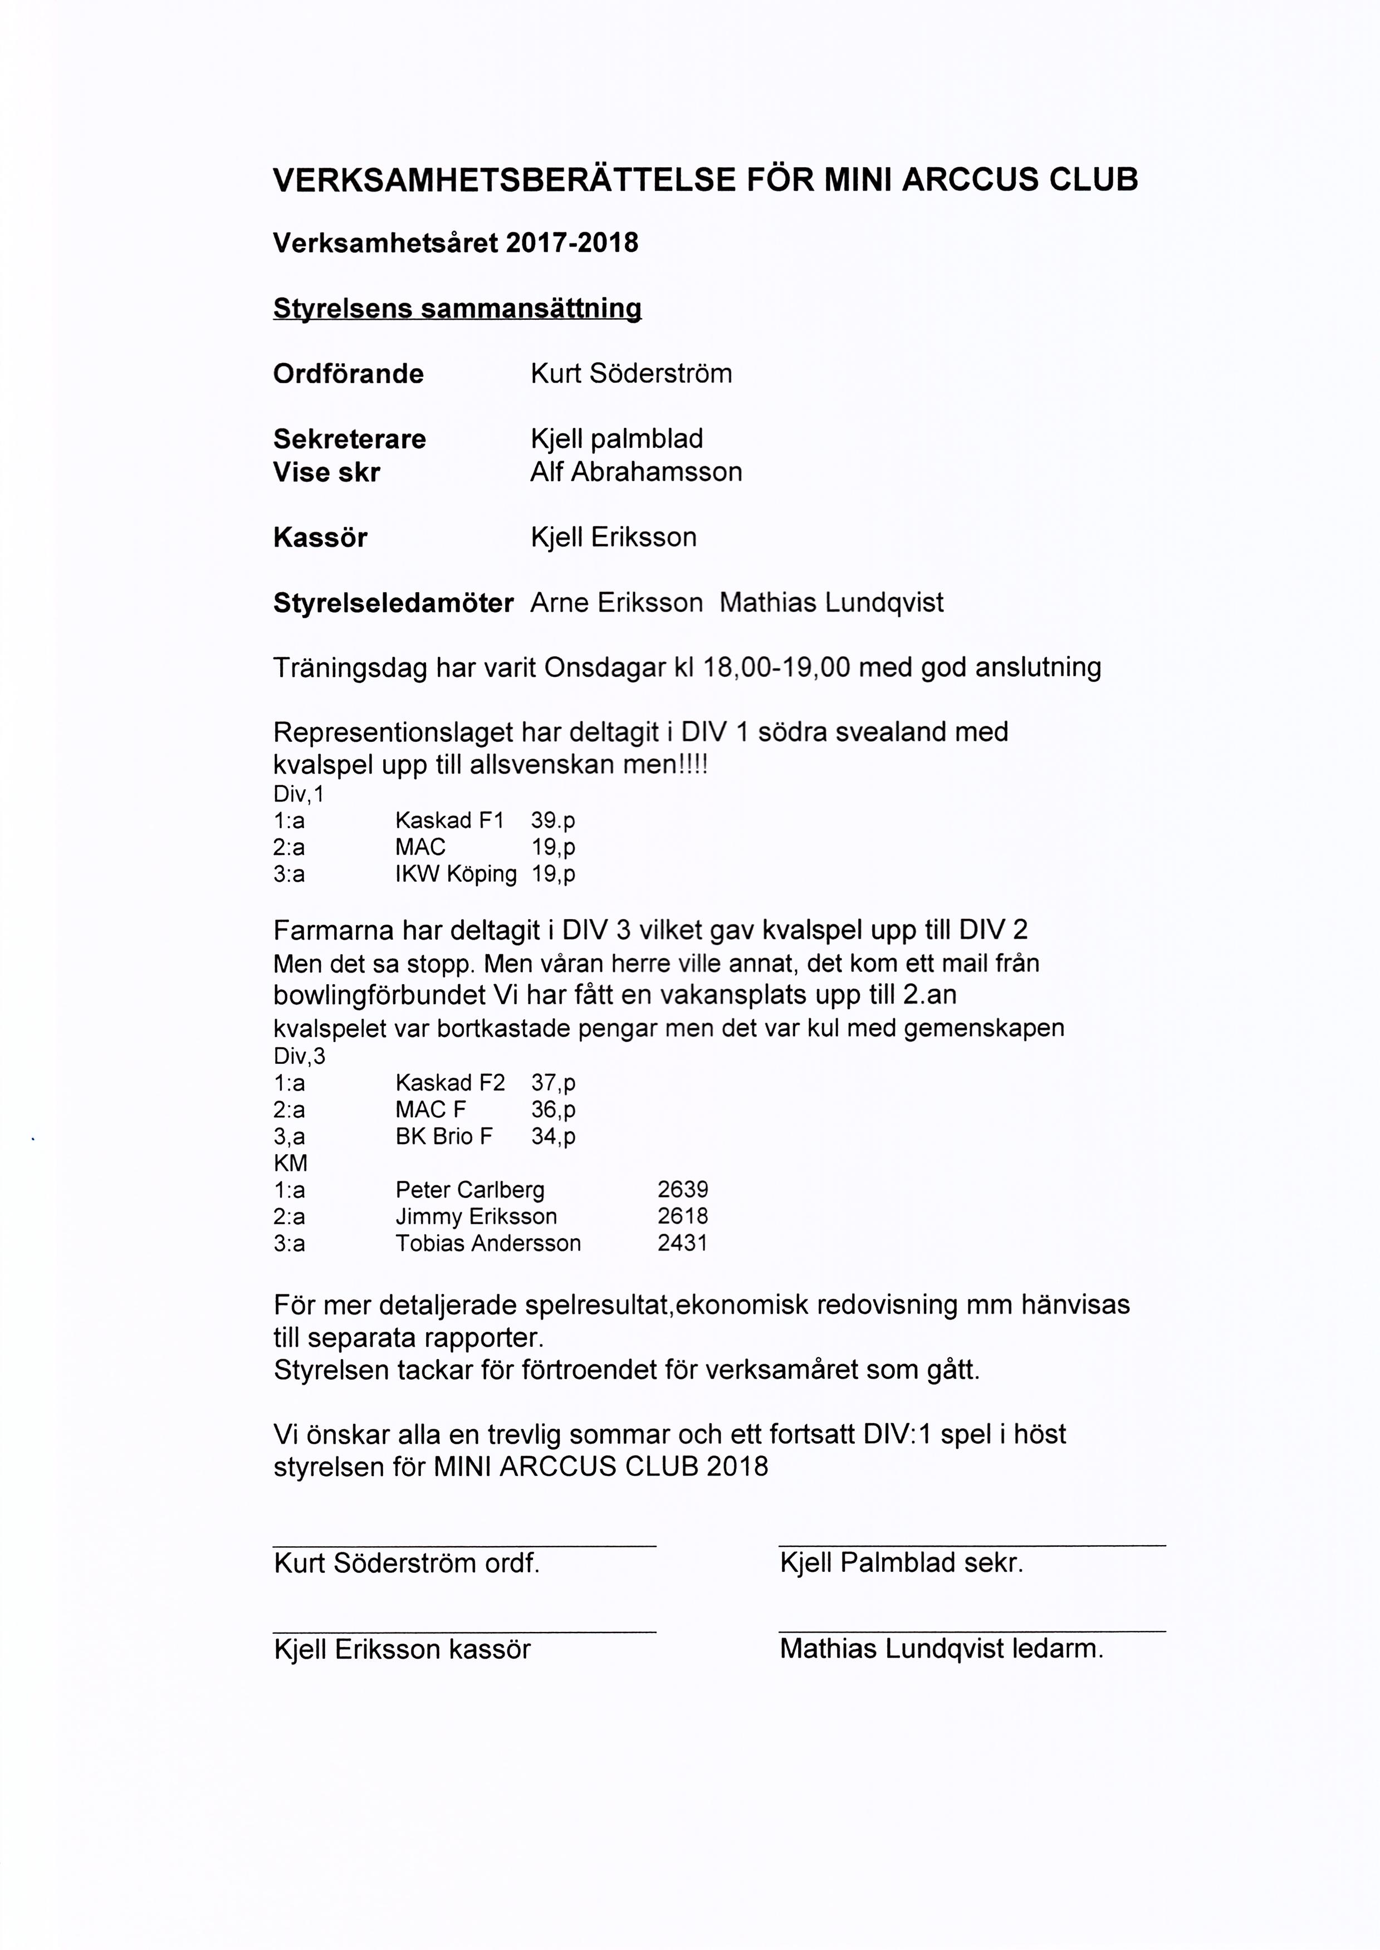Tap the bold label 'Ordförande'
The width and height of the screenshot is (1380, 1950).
point(349,374)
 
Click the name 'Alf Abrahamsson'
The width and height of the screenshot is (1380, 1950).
point(635,472)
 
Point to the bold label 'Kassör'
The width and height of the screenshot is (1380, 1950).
point(320,538)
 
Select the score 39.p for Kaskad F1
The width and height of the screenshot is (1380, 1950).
point(553,821)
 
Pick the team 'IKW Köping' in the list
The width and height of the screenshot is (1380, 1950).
point(456,874)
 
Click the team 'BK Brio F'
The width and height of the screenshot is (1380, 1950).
point(443,1137)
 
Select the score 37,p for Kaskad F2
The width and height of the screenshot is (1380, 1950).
point(553,1083)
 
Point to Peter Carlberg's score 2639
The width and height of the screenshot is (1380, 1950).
point(682,1190)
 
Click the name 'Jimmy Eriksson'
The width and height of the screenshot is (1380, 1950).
point(476,1217)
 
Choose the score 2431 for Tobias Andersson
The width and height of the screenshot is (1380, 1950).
point(682,1244)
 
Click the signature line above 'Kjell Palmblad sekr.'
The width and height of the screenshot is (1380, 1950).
point(972,1545)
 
